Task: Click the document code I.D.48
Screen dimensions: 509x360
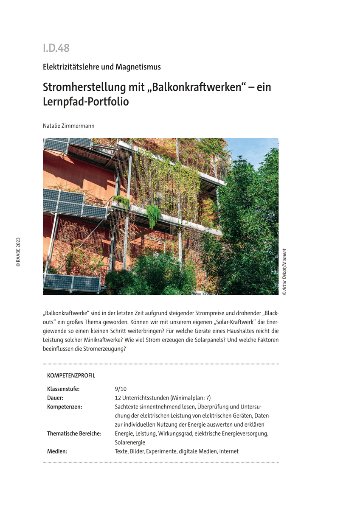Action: pyautogui.click(x=56, y=48)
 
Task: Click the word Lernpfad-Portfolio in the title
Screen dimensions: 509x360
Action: pyautogui.click(x=86, y=102)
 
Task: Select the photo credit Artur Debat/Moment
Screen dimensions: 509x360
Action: pyautogui.click(x=284, y=269)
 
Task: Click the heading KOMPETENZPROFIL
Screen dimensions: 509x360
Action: pyautogui.click(x=71, y=376)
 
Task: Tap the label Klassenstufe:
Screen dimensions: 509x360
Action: pyautogui.click(x=63, y=389)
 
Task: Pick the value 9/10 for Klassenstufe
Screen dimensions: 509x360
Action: pyautogui.click(x=121, y=389)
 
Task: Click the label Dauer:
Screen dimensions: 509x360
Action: pyautogui.click(x=55, y=398)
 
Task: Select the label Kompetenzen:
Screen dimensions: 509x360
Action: pyautogui.click(x=65, y=407)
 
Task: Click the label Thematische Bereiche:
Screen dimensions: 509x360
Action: pyautogui.click(x=74, y=433)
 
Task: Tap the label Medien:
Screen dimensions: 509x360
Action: pyautogui.click(x=57, y=451)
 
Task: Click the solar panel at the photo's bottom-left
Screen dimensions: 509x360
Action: pyautogui.click(x=71, y=282)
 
